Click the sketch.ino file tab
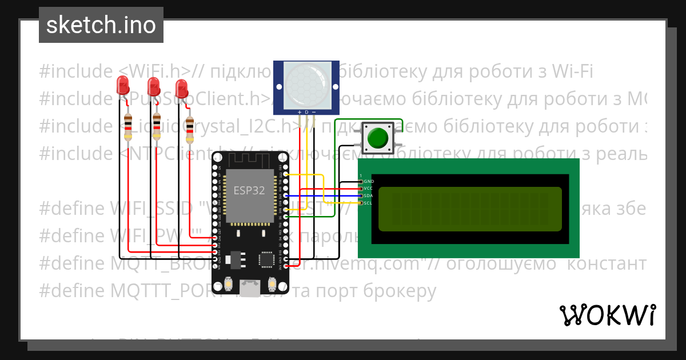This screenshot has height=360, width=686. [x=101, y=25]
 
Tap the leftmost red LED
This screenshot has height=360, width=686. [x=122, y=86]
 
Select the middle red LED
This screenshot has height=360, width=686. [x=153, y=86]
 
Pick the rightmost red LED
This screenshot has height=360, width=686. [x=182, y=88]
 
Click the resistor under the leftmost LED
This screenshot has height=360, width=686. [x=128, y=126]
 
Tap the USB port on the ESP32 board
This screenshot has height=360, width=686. [x=249, y=289]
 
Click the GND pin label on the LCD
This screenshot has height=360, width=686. [x=369, y=181]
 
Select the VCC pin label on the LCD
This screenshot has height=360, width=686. [x=369, y=188]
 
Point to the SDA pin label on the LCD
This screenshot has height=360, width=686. [x=369, y=195]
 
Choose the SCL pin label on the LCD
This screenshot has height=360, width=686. [x=369, y=202]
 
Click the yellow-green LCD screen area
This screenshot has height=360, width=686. [x=469, y=209]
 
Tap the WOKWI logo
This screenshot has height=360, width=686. [x=608, y=315]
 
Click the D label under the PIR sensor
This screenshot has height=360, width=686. [x=306, y=112]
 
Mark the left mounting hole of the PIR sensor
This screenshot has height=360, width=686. [x=280, y=86]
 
